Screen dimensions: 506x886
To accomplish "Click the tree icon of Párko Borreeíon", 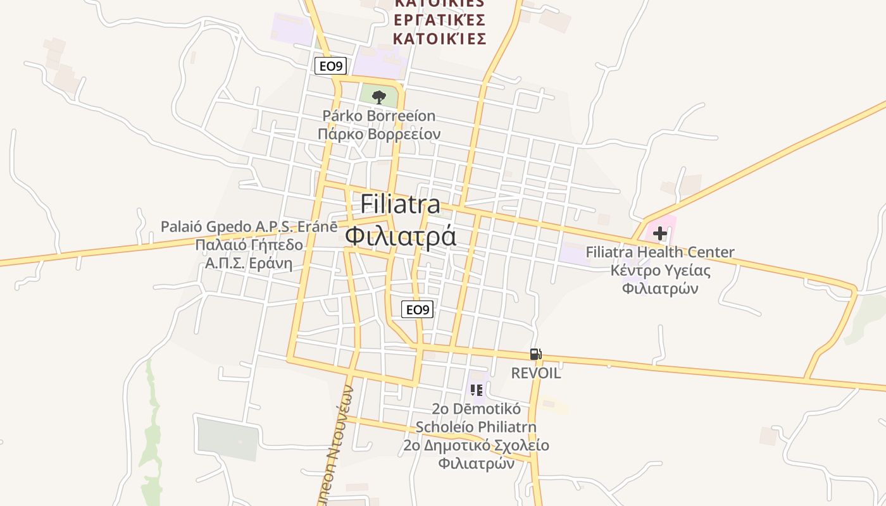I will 379,97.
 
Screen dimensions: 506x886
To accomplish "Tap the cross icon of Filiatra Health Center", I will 660,233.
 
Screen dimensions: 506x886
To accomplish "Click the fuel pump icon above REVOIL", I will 535,354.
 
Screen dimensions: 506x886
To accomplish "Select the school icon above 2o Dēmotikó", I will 477,390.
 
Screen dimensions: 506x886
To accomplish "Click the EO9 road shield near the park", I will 330,66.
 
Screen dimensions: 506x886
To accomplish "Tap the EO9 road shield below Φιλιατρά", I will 418,309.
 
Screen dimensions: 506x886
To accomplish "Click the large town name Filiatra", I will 401,204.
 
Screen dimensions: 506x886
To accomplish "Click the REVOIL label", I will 536,373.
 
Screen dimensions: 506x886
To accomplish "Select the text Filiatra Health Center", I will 660,252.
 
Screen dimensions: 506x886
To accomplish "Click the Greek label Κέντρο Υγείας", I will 660,271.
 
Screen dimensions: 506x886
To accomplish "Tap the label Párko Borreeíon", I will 379,116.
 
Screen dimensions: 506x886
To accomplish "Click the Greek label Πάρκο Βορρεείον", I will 379,134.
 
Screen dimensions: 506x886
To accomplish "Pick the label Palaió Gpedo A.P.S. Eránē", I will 249,226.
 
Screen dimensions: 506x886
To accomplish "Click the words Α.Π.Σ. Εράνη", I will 249,263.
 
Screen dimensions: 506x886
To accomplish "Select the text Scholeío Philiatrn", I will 476,426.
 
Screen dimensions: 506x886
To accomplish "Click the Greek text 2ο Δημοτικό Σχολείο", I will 476,445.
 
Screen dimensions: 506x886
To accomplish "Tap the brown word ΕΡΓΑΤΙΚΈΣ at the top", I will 439,20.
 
